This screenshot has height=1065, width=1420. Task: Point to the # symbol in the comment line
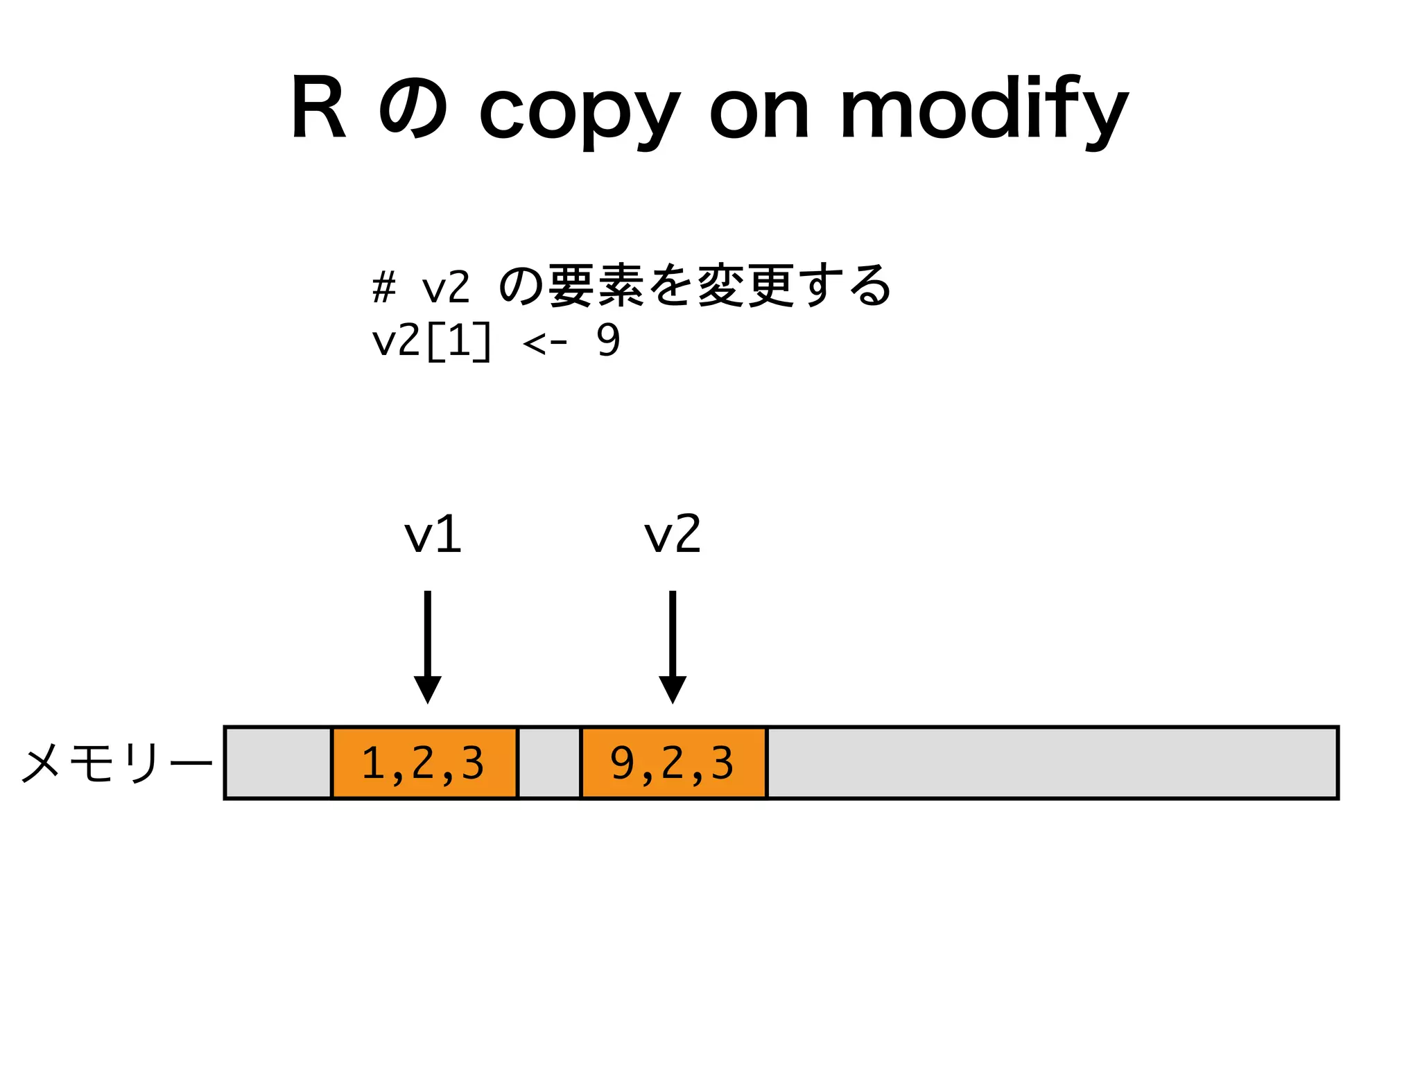pyautogui.click(x=383, y=287)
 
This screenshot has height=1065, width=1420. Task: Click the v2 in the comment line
pyautogui.click(x=446, y=287)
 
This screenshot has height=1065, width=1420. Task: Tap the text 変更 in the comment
pyautogui.click(x=745, y=286)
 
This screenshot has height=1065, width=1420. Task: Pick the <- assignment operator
pyautogui.click(x=545, y=342)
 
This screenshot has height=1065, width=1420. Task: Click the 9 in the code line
pyautogui.click(x=608, y=341)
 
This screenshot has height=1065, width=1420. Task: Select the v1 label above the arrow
pyautogui.click(x=433, y=535)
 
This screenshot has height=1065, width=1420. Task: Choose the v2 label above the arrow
pyautogui.click(x=673, y=535)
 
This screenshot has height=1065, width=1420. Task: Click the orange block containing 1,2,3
pyautogui.click(x=424, y=763)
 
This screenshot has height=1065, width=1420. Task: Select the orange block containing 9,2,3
pyautogui.click(x=673, y=763)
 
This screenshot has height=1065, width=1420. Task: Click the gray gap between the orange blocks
pyautogui.click(x=548, y=763)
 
